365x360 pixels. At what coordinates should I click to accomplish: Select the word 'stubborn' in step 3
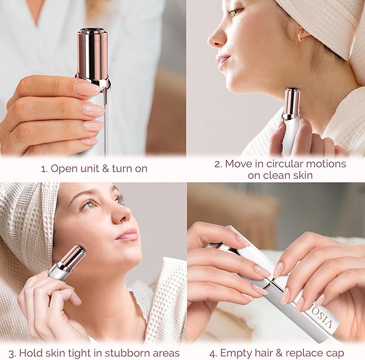coord(119,354)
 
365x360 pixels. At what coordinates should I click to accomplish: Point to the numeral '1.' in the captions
coord(44,168)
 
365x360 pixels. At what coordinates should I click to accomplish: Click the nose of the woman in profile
coord(216,39)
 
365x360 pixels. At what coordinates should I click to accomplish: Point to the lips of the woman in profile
coord(223,60)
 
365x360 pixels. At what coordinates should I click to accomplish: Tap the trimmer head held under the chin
coord(291,102)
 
